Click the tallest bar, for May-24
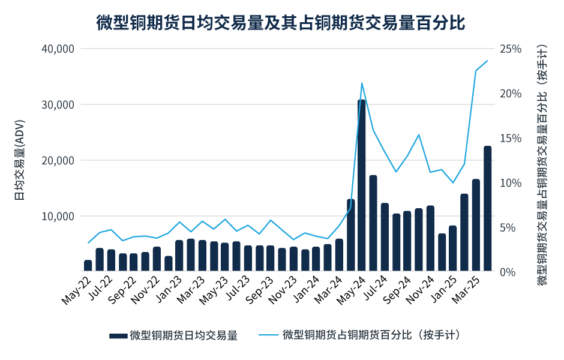362,186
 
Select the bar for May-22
88,266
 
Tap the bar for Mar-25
476,226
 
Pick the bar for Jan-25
453,249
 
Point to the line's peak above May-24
362,83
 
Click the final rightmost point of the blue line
487,60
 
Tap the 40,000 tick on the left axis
58,49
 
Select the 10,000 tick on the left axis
58,216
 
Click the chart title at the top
281,23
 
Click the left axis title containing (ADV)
19,160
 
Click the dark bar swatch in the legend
118,335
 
